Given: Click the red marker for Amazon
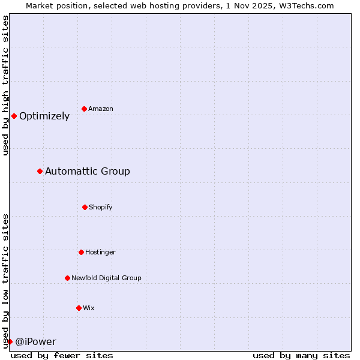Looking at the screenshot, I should point(85,109).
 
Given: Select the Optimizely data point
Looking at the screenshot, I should point(14,116).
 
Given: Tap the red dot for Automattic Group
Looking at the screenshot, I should point(40,171).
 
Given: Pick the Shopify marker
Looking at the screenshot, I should point(85,207).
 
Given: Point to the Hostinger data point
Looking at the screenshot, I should point(81,252).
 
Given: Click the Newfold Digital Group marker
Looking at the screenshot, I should point(67,278).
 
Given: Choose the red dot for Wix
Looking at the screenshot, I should point(79,308).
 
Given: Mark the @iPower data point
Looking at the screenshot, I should point(10,341).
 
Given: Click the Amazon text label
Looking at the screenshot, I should point(101,109).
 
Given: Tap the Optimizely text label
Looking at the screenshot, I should point(44,116).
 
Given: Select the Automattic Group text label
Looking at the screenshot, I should point(88,172).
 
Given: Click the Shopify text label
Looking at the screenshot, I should point(101,207).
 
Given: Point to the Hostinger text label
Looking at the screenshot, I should point(100,252).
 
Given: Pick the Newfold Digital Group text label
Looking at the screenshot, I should point(106,278).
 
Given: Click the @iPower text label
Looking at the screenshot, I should point(35,342).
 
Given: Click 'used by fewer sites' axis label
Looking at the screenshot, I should point(62,355).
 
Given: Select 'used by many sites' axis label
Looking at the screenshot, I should point(301,355).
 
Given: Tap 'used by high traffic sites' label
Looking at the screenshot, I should point(5,86).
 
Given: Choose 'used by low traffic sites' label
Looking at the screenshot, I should point(5,280).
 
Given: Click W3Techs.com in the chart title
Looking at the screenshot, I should point(305,5).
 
